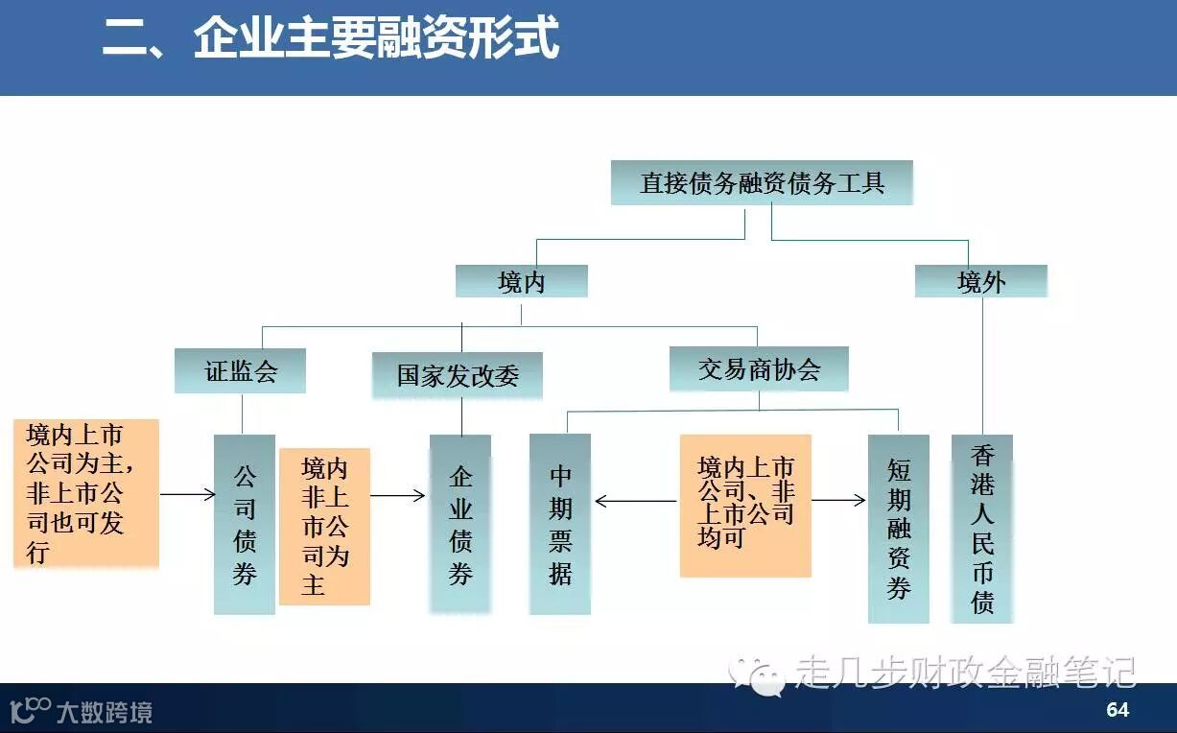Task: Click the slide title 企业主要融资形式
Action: (x=331, y=40)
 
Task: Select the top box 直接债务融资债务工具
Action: (x=762, y=182)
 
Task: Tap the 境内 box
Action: (x=521, y=281)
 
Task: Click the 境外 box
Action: (x=980, y=281)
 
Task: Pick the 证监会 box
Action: (x=240, y=370)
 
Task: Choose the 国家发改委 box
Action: (x=458, y=375)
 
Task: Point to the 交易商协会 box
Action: (x=759, y=368)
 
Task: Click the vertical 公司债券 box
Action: (x=244, y=525)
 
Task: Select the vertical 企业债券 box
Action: (x=460, y=525)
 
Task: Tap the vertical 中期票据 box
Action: (x=560, y=524)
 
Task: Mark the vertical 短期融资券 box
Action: (x=898, y=529)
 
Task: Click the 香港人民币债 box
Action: (x=982, y=529)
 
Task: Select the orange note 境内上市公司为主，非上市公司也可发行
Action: (x=86, y=493)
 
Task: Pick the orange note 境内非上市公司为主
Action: (x=324, y=526)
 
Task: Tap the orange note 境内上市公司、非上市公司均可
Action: (x=745, y=505)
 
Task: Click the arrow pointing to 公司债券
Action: (x=187, y=494)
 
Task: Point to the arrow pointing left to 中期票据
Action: (x=636, y=501)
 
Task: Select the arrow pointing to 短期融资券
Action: (x=838, y=501)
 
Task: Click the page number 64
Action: (x=1118, y=710)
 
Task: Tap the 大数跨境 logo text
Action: (x=116, y=712)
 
